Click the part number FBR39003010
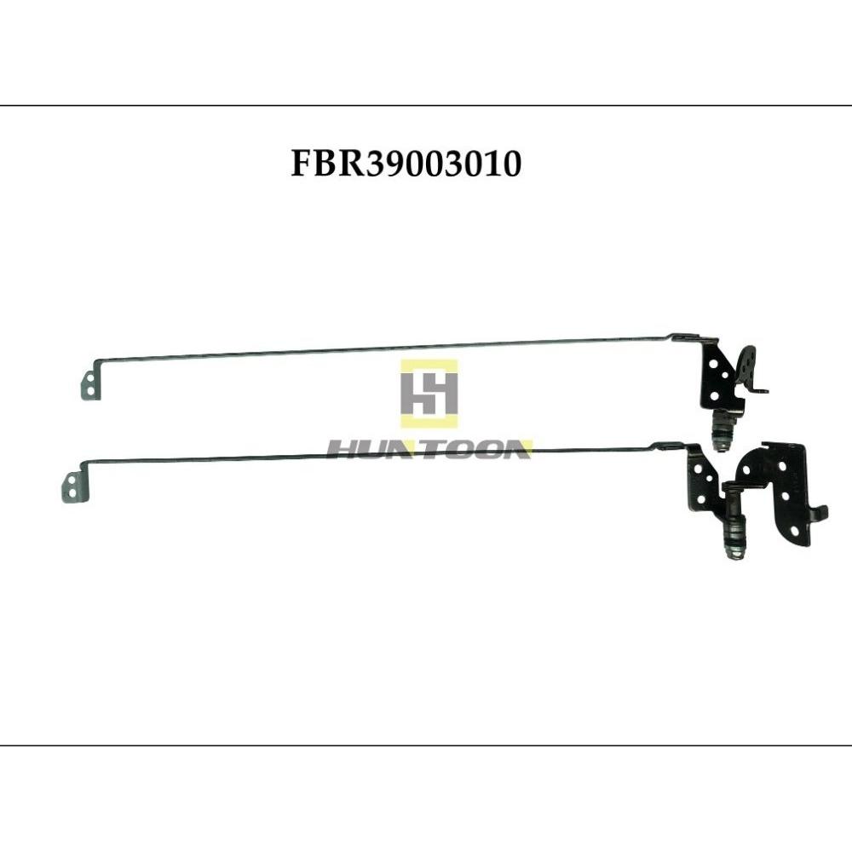coord(406,164)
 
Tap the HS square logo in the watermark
coord(429,393)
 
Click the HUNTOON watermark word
coord(429,450)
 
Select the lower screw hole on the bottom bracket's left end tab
coord(72,492)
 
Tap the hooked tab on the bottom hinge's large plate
coord(817,513)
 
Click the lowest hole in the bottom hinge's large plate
coord(795,530)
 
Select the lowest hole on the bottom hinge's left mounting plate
coord(700,498)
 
